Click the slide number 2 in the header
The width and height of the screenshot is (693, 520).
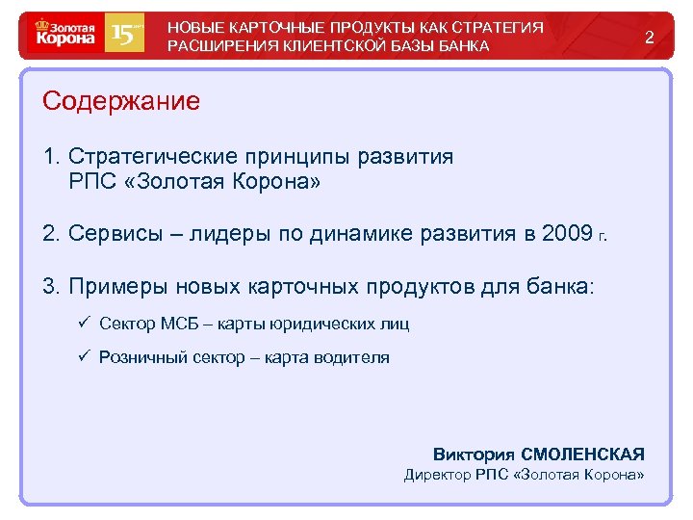650,38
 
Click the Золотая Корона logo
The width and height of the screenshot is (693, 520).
66,37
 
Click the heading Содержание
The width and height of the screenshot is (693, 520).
121,100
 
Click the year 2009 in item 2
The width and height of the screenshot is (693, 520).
566,234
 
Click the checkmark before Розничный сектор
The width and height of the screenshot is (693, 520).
85,357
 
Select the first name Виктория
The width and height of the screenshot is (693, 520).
474,454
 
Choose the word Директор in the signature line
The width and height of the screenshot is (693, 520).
437,474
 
